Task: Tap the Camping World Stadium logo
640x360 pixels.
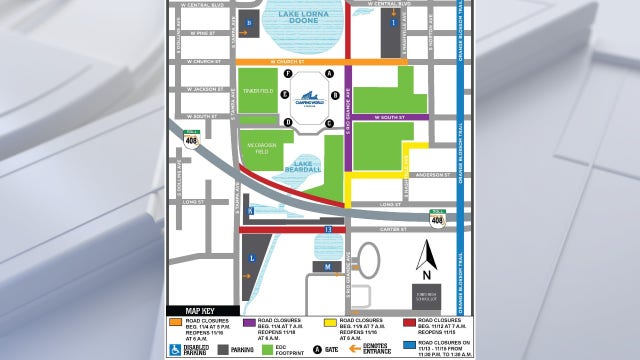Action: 308,99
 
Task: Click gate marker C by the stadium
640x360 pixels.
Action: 328,123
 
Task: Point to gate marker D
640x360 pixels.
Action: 288,123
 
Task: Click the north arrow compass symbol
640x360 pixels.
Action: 426,258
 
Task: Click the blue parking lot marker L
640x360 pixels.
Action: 252,258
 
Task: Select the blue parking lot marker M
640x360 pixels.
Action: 327,267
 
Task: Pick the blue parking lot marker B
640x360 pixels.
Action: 249,20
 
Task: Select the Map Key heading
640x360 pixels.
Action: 190,310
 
